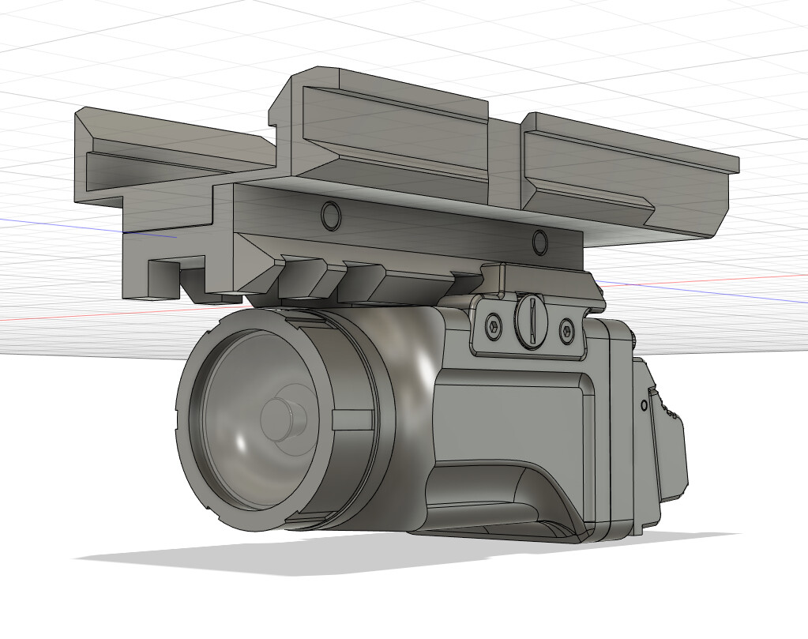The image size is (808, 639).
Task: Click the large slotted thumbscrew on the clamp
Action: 530,320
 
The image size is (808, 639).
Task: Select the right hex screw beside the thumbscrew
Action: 566,328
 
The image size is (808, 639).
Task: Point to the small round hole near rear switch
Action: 645,405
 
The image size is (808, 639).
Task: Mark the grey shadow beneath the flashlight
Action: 237,557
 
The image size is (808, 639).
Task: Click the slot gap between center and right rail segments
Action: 505,158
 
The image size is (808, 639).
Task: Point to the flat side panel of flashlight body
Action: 513,411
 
